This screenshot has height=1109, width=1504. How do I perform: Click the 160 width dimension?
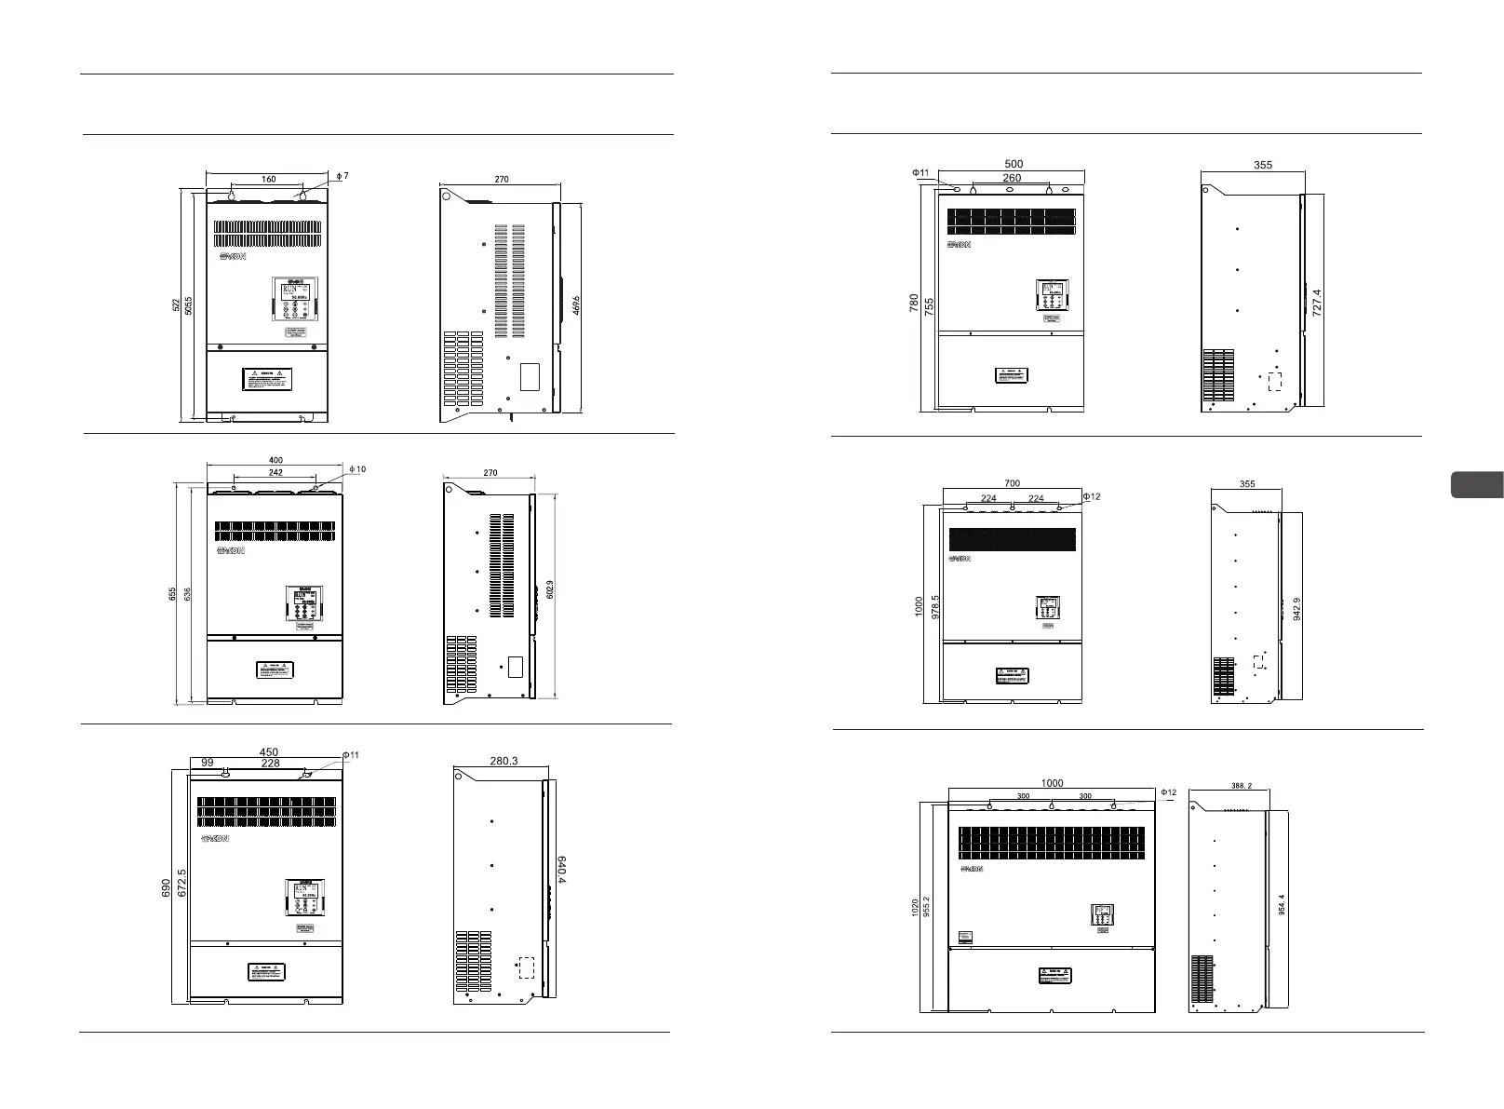[x=268, y=180]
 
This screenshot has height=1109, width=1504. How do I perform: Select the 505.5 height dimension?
[x=190, y=307]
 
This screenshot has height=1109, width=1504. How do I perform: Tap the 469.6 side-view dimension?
[x=576, y=307]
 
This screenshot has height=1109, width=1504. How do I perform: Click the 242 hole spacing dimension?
[x=275, y=473]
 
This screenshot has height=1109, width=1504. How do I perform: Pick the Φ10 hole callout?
[x=358, y=469]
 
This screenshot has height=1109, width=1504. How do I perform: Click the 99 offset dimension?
[x=207, y=763]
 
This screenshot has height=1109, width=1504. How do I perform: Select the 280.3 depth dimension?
[x=504, y=761]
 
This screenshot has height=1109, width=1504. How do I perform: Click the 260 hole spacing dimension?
[x=1012, y=178]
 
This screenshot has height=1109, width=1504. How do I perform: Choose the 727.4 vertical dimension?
[x=1316, y=304]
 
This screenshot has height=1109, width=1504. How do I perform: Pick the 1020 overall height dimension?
[x=915, y=908]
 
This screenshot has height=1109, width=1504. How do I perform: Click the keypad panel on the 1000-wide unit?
[x=1102, y=915]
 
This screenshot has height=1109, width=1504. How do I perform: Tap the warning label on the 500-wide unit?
[x=1009, y=376]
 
